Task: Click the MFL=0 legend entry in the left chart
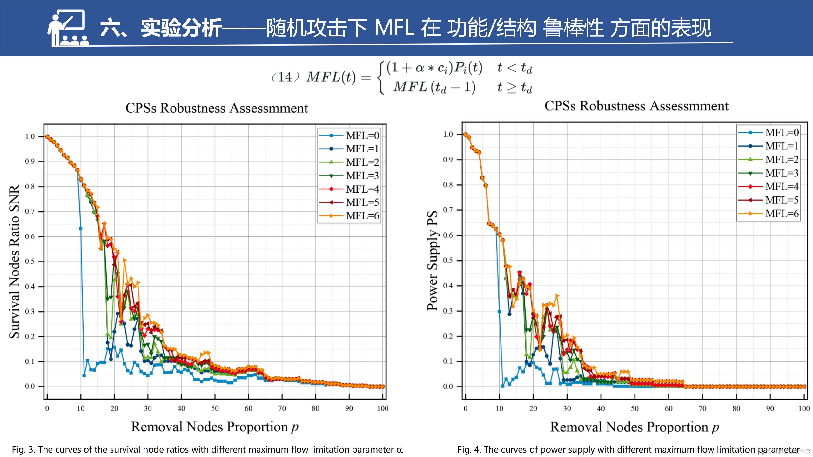point(349,136)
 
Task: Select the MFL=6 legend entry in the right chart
point(769,214)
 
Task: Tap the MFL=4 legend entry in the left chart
point(349,189)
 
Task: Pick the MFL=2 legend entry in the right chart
point(769,159)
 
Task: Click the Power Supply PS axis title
point(432,260)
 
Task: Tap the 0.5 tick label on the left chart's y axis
point(30,262)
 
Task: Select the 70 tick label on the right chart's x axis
point(702,408)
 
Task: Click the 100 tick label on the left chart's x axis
point(383,408)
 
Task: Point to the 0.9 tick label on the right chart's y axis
point(448,160)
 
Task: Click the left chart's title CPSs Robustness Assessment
point(217,108)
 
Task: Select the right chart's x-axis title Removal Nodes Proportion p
point(635,427)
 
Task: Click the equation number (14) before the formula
point(285,77)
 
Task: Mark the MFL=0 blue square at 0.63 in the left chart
point(81,228)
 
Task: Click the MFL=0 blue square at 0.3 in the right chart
point(499,312)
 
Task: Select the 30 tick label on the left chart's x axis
point(148,408)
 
